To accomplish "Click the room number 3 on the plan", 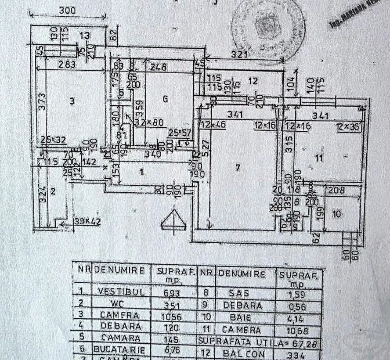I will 72,101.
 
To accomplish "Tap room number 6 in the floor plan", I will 165,99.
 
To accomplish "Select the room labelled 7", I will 238,167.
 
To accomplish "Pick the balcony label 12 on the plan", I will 252,80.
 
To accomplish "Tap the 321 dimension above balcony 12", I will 241,55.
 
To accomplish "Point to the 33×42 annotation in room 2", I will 87,222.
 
